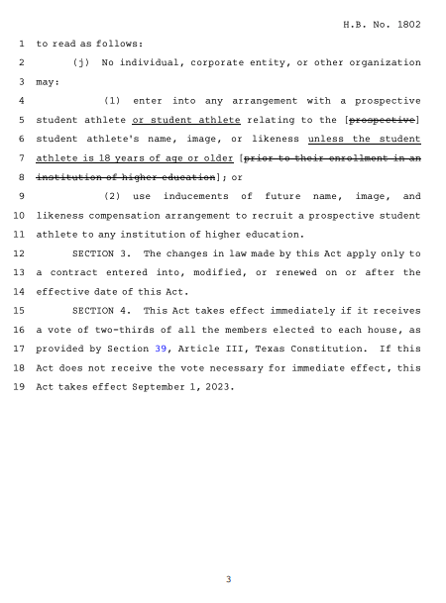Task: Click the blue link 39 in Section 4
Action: click(162, 349)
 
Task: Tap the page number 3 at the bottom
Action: click(228, 579)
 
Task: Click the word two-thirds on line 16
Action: click(121, 330)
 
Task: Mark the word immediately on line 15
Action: click(252, 311)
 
